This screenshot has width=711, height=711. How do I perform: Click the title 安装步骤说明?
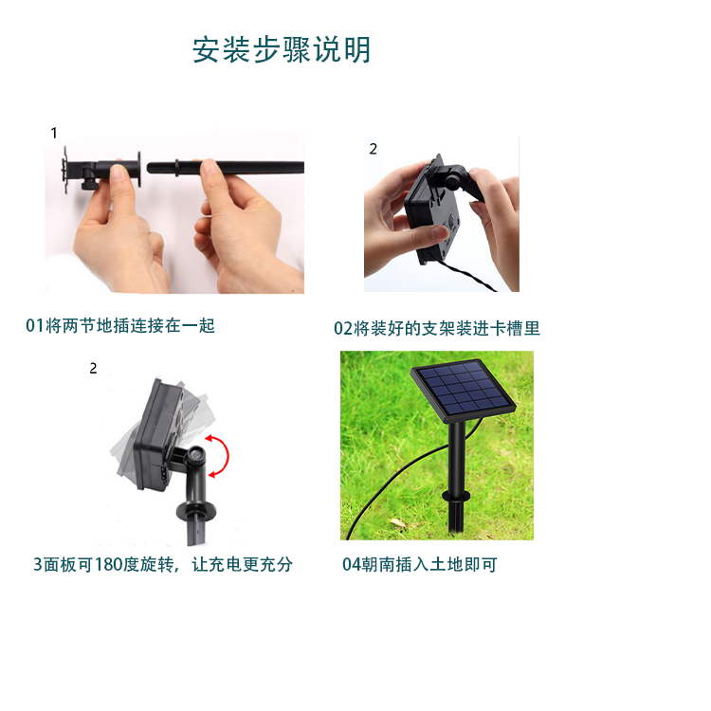[282, 49]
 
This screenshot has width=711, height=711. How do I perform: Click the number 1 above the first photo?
[54, 133]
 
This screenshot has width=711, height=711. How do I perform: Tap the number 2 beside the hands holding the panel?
[373, 149]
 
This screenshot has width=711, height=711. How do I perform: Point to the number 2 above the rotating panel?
[93, 368]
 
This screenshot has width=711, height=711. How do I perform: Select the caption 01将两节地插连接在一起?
[120, 325]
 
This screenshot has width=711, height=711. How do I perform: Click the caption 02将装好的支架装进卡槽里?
[437, 328]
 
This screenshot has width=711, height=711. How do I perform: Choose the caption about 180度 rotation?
[163, 564]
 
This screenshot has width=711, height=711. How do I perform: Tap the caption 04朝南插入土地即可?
[419, 564]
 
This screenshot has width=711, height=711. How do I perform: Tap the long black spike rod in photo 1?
[226, 167]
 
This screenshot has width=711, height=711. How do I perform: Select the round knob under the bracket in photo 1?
[89, 184]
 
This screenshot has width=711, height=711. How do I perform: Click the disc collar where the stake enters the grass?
[456, 495]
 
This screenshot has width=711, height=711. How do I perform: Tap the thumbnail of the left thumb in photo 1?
[118, 173]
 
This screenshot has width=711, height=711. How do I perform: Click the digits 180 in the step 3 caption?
[108, 565]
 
